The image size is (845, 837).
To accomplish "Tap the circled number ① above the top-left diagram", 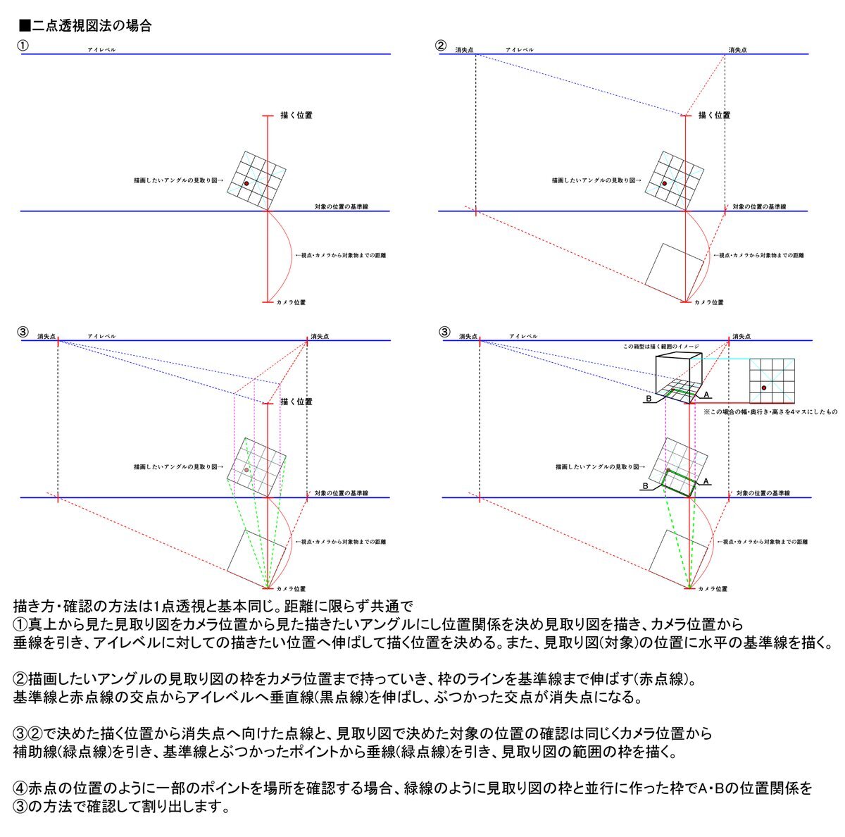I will click(23, 45).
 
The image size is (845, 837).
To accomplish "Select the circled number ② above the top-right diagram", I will click(441, 45).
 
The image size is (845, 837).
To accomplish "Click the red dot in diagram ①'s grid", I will click(246, 184).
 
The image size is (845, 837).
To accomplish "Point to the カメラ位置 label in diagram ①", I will click(291, 302).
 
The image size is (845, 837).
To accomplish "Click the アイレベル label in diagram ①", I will click(101, 50).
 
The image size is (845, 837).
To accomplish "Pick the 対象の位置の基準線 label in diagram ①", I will click(342, 206).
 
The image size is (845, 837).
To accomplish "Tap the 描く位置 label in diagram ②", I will click(714, 115).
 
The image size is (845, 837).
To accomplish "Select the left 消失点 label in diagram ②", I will click(464, 50).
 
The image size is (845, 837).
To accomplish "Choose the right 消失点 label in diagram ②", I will click(737, 50).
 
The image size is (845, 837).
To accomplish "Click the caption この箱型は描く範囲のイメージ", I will click(661, 347).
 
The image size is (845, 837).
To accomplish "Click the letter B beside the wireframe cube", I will click(648, 399).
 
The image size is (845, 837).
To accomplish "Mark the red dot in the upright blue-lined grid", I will click(763, 388).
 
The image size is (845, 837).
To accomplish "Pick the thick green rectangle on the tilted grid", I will click(681, 483).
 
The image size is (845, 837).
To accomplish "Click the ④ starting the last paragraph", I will click(20, 787).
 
